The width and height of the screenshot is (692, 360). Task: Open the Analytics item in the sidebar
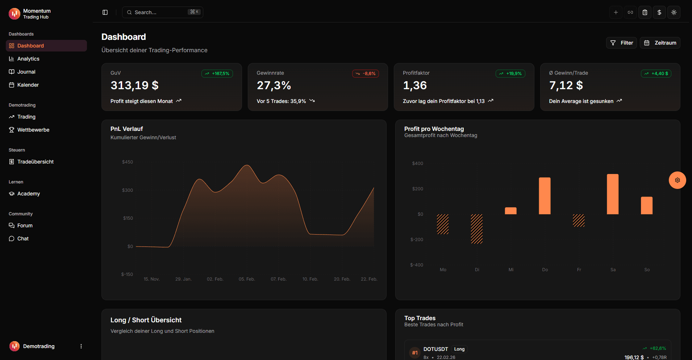[x=28, y=59]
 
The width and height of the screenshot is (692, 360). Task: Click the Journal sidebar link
[x=26, y=72]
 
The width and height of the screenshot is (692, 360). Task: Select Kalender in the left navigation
[x=28, y=85]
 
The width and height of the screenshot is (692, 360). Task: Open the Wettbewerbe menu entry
[x=33, y=130]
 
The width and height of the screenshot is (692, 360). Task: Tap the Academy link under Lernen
[x=28, y=194]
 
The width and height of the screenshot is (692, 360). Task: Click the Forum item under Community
[x=25, y=225]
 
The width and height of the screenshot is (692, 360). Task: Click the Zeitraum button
[x=660, y=43]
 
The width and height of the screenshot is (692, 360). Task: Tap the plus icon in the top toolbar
[x=616, y=12]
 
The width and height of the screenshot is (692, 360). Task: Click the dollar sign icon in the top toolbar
[x=659, y=12]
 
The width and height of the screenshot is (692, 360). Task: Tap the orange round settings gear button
[x=678, y=180]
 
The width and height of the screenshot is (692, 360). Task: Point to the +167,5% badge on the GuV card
[x=217, y=74]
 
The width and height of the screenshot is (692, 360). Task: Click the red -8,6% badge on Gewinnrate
[x=366, y=74]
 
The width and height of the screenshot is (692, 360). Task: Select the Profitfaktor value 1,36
[x=415, y=86]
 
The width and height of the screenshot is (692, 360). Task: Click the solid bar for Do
[x=545, y=196]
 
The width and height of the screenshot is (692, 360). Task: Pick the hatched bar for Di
[x=477, y=229]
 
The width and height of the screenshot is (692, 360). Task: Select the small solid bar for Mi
[x=511, y=211]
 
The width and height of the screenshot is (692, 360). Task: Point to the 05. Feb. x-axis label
[x=247, y=279]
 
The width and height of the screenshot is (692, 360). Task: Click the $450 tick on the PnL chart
[x=128, y=162]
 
